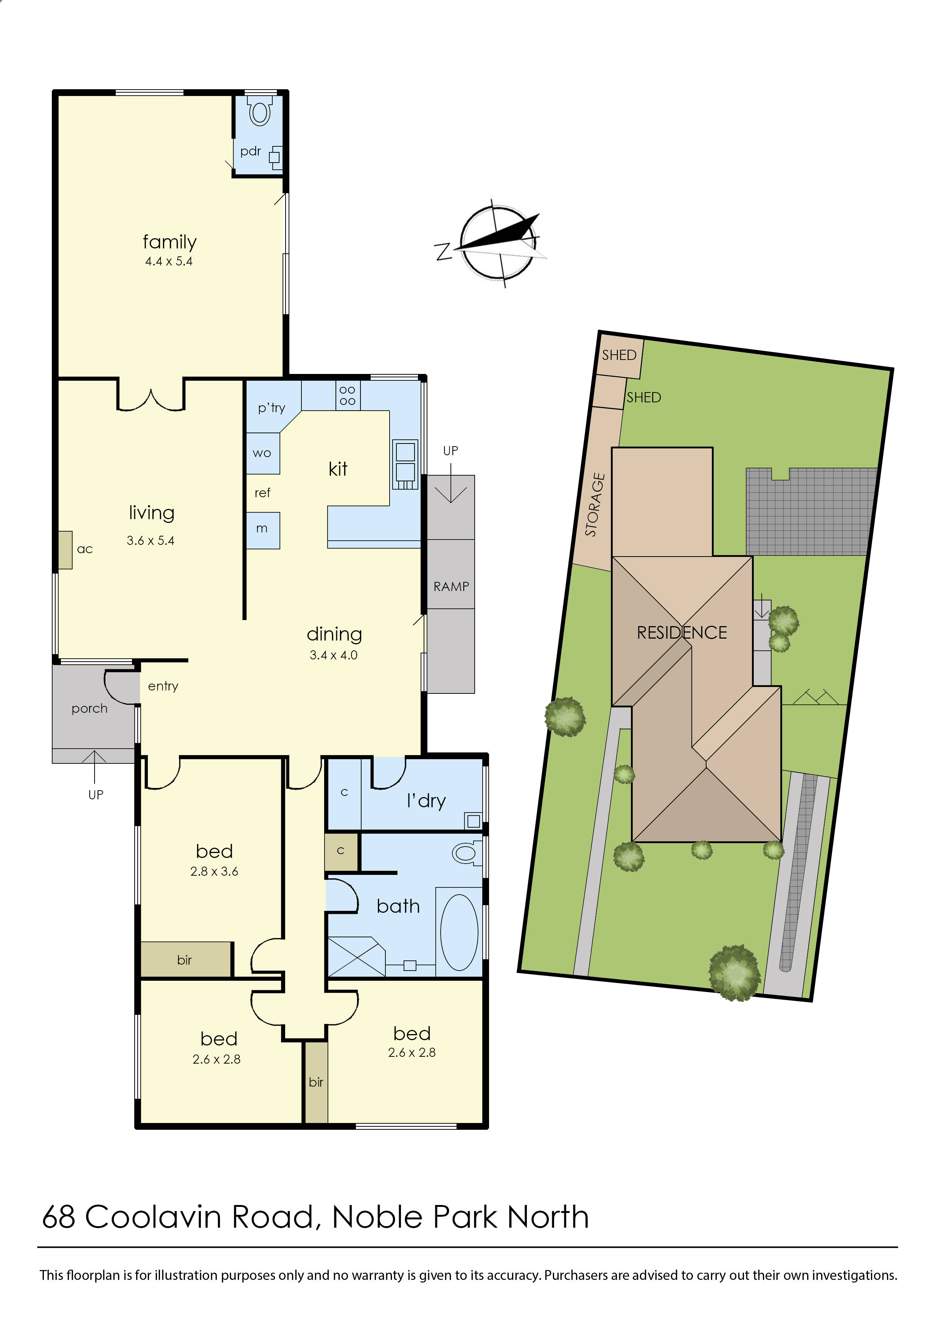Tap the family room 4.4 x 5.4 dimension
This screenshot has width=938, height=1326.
(169, 261)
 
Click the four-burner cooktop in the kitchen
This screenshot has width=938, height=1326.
(347, 395)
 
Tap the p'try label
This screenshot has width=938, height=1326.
(272, 408)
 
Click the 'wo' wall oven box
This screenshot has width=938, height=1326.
(262, 453)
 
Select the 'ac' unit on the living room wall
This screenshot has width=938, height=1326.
(65, 550)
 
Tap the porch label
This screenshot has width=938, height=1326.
(90, 709)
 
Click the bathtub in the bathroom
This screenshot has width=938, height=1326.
(459, 932)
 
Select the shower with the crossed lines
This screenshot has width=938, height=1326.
(356, 956)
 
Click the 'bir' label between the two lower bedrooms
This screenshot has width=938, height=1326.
(316, 1082)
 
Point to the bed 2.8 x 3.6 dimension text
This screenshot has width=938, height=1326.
(214, 872)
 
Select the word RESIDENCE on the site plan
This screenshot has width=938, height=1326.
(682, 633)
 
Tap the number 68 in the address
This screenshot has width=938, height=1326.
(58, 1217)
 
